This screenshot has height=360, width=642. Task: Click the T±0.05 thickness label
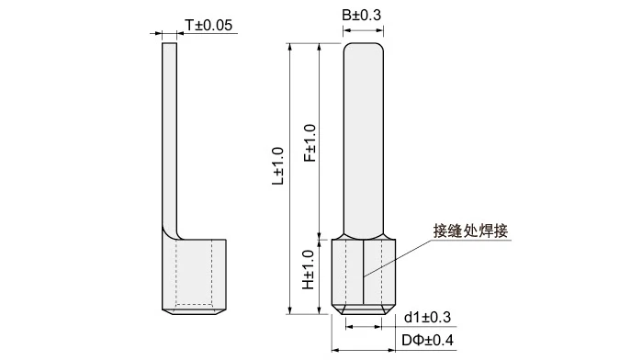click(208, 25)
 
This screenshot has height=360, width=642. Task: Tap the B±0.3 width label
click(362, 15)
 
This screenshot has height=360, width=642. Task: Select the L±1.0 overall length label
click(277, 166)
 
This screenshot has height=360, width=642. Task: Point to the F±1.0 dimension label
click(310, 143)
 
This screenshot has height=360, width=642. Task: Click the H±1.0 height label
click(309, 270)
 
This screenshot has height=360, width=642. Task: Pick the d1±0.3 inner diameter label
click(427, 317)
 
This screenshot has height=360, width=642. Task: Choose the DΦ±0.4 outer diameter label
click(427, 340)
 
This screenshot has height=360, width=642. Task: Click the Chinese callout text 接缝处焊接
click(470, 231)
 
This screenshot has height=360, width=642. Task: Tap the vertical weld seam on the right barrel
click(363, 272)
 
